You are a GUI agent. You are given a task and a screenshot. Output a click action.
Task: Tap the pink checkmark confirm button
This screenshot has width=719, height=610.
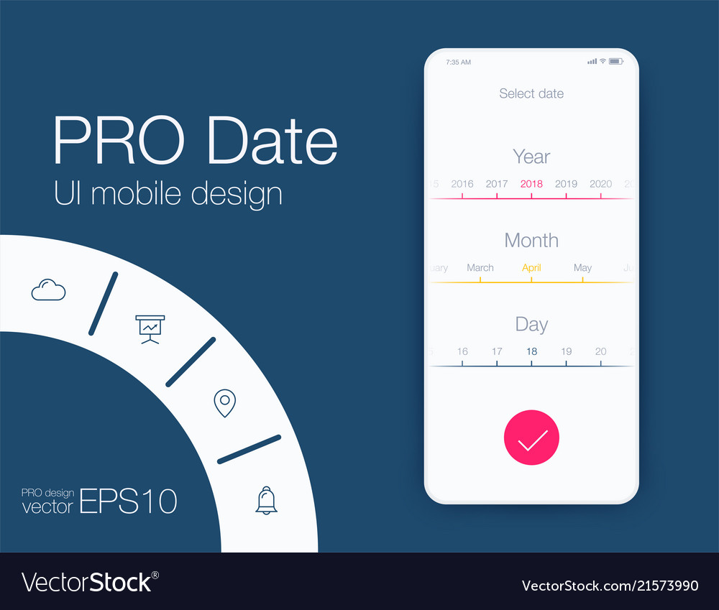(531, 438)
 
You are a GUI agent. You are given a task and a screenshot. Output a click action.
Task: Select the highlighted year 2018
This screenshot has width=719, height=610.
(531, 184)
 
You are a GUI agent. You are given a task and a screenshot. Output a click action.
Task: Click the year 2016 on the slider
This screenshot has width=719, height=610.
(462, 184)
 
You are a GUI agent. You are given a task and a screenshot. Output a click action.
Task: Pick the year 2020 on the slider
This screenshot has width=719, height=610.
(600, 184)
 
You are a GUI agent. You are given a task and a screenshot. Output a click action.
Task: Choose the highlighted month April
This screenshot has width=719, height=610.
(531, 268)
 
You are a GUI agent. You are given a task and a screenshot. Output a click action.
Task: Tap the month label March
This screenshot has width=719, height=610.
(480, 268)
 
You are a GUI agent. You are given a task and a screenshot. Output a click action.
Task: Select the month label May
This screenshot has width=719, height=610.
(582, 268)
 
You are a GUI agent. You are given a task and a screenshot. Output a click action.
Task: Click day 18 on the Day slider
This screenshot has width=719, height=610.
(531, 351)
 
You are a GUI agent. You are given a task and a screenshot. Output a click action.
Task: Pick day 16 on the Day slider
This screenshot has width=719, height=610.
(462, 351)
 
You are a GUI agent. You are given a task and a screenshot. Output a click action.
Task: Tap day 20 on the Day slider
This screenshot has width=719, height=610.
(600, 351)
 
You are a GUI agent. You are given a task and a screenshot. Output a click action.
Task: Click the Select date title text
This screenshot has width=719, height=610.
(531, 93)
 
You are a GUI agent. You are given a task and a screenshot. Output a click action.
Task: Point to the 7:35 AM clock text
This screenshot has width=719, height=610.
(458, 63)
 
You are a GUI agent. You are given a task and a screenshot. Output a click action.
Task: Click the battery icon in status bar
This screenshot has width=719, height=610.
(615, 62)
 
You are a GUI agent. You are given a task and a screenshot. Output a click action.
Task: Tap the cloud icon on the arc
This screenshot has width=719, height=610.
(48, 290)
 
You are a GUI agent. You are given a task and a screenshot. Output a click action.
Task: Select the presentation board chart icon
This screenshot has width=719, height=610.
(150, 329)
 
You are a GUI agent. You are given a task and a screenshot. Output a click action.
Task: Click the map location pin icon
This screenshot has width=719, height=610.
(225, 403)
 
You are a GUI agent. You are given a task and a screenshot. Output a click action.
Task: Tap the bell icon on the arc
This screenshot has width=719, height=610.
(266, 500)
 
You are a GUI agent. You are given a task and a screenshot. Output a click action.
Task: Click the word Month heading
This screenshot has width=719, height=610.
(531, 240)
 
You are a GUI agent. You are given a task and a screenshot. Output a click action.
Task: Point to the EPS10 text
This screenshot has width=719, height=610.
(128, 501)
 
